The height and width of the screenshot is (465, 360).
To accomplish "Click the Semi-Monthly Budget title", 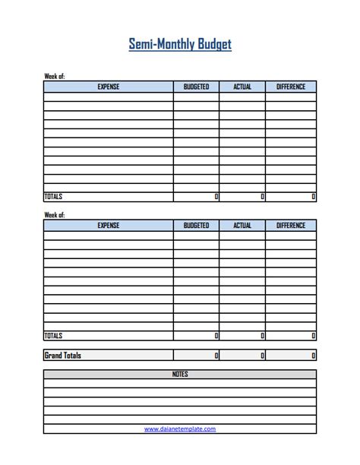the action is point(180,44).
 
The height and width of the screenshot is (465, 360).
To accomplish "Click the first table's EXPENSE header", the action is point(109,87).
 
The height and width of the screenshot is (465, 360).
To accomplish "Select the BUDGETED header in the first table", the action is point(196,87).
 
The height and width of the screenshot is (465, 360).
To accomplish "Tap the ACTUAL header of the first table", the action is point(242,87).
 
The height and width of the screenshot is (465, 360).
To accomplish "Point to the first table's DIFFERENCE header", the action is point(291,87).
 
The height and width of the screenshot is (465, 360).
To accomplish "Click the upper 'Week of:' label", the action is point(55,77).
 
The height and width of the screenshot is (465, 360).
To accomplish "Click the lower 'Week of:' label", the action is point(55,215).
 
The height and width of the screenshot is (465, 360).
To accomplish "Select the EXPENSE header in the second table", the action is point(109,226).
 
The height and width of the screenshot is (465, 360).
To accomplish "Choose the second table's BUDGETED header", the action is point(196,226).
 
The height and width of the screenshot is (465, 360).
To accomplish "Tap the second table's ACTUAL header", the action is point(242,226).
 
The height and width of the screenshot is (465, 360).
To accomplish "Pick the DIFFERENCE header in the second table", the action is point(291,226).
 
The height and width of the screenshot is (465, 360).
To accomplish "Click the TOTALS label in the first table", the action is point(53,197).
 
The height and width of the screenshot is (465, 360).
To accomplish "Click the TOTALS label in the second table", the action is point(53,335).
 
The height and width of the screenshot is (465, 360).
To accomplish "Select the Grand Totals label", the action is point(63,355).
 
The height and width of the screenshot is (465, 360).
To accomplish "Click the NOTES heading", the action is point(180,374).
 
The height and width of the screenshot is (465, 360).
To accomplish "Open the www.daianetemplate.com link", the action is point(180,429).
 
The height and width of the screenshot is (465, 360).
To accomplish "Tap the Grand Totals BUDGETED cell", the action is point(196,355).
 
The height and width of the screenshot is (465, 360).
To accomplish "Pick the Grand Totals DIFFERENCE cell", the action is point(291,355).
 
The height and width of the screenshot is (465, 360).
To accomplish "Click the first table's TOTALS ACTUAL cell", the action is point(242,197).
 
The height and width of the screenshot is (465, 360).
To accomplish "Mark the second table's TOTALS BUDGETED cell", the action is point(196,335).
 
